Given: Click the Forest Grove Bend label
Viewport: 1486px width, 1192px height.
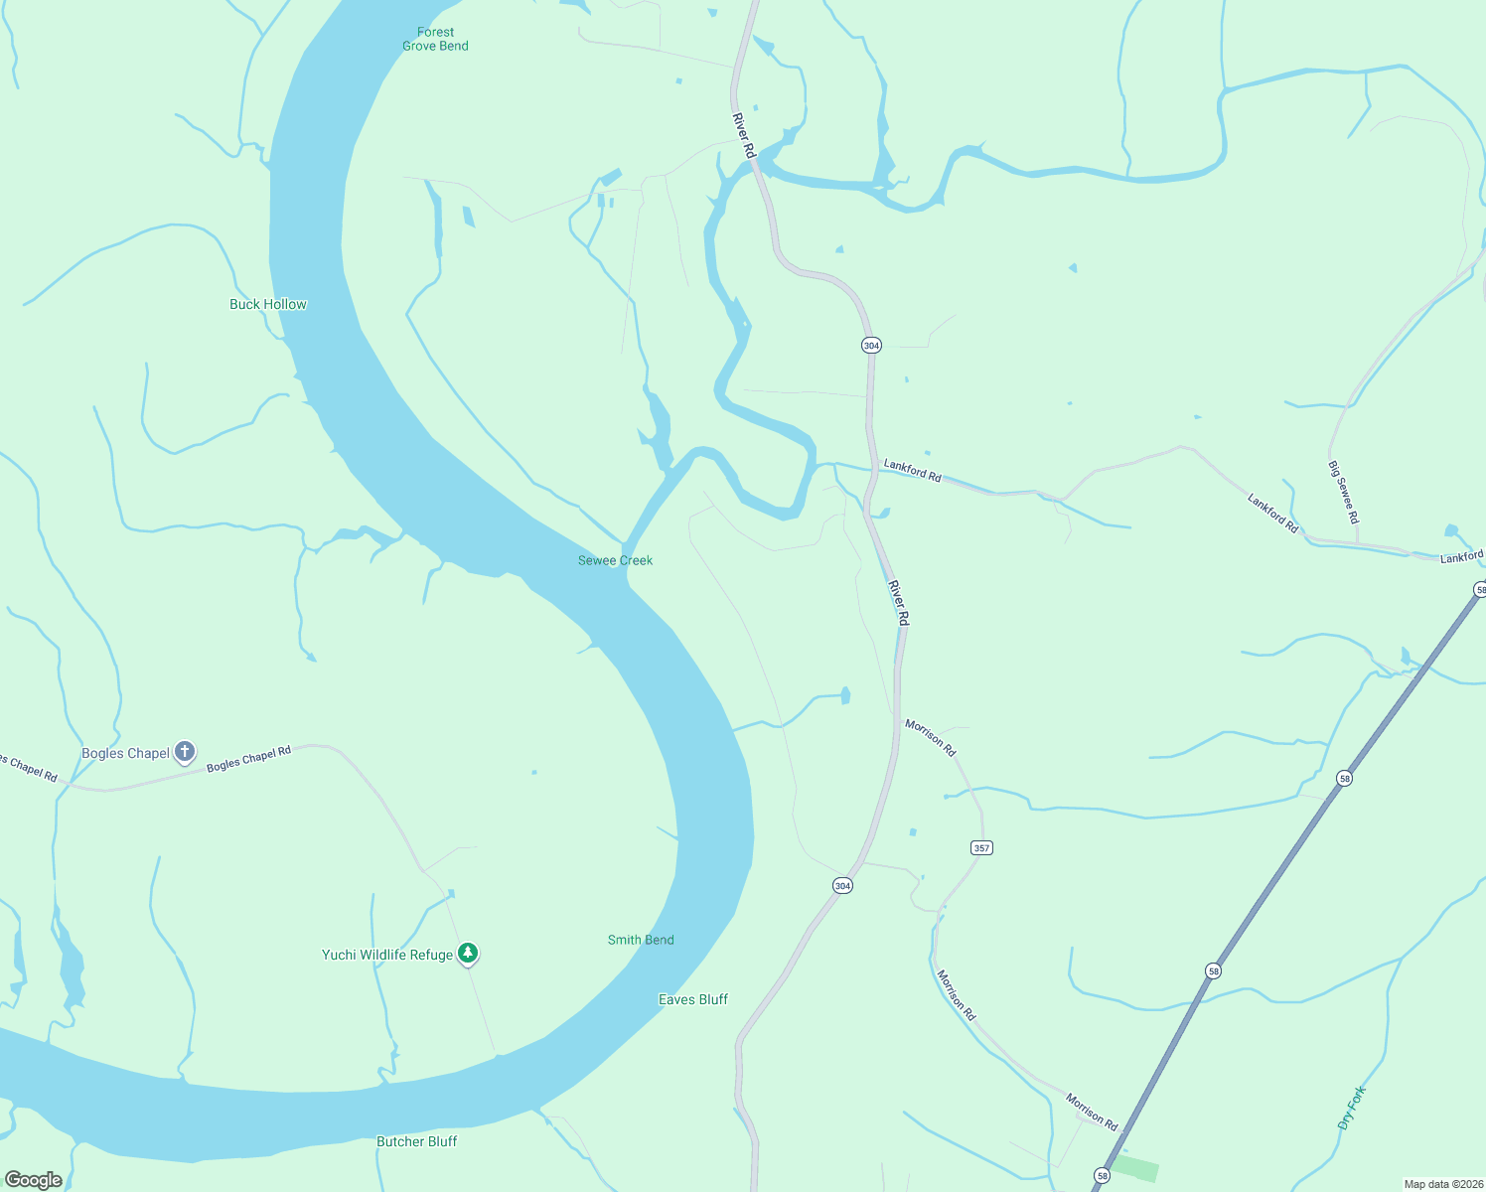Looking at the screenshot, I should [435, 39].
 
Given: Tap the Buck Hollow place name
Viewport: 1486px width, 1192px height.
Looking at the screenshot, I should [268, 304].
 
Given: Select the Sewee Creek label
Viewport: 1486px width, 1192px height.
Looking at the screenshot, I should [616, 560].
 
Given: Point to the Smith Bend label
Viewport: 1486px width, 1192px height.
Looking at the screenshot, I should [641, 940].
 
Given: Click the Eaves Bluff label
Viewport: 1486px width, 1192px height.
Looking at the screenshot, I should [693, 999].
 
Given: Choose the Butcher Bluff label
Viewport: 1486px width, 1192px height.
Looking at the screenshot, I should [417, 1141].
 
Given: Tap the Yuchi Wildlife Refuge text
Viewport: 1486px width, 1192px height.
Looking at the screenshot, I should [387, 955].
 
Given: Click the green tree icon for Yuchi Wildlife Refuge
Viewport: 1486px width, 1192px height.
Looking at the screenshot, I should [468, 954].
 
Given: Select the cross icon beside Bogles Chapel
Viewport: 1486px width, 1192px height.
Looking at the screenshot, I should [185, 752].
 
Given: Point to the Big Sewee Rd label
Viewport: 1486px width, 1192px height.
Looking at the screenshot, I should [1344, 492].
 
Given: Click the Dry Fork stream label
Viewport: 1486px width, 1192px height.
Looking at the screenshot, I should [1352, 1108].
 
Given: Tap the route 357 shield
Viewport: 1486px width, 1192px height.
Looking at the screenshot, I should [981, 847].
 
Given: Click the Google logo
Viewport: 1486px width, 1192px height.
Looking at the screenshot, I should [34, 1180].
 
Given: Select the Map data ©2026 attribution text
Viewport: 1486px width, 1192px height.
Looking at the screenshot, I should [1443, 1184].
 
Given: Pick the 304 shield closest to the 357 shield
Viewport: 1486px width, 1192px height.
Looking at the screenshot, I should [842, 885].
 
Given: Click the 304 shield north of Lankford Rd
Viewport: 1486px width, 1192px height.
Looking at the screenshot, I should [871, 346].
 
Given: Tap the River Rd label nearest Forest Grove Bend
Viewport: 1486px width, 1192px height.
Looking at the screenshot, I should [744, 135].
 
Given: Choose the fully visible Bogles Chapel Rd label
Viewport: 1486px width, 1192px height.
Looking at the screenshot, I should [248, 758].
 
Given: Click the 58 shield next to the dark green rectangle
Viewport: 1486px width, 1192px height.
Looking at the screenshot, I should [1102, 1176].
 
